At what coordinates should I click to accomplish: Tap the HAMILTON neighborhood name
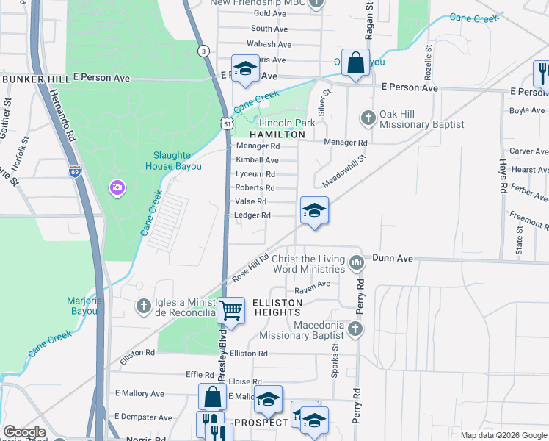coord(277,135)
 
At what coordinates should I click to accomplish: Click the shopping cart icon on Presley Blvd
coord(231,310)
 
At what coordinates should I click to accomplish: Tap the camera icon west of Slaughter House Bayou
coord(117,189)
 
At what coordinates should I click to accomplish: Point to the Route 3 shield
coord(203,50)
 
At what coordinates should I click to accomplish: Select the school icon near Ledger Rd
coord(313,212)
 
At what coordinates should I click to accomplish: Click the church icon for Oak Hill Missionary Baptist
coord(368,118)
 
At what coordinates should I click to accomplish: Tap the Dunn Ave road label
coord(393,258)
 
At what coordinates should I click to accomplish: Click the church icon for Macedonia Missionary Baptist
coord(355,329)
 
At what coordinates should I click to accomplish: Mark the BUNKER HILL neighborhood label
coord(35,79)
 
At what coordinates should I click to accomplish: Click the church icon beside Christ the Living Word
coord(357,262)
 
